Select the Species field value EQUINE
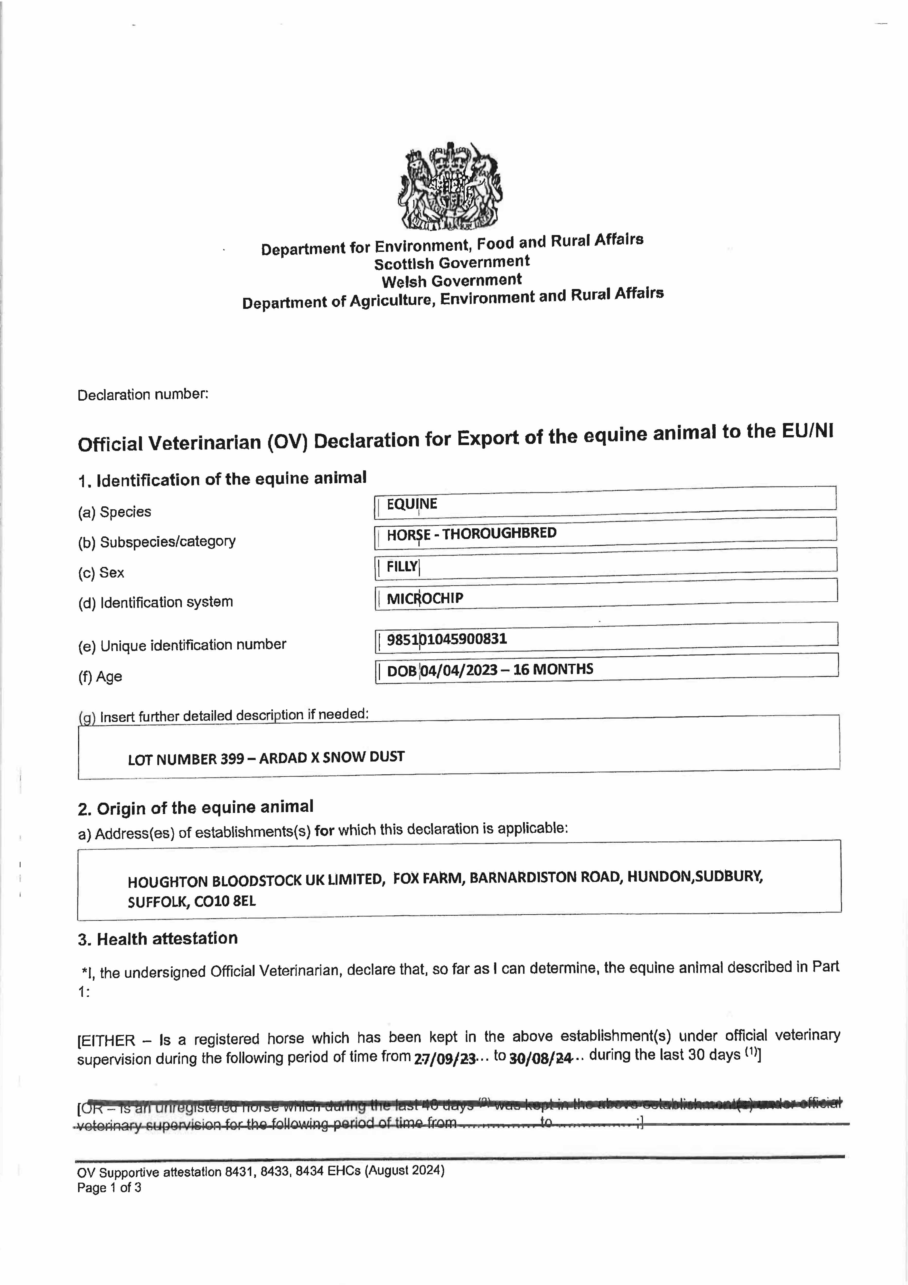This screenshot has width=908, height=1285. click(412, 504)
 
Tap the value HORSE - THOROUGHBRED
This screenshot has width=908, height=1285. click(472, 533)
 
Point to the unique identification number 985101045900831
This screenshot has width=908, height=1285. click(446, 639)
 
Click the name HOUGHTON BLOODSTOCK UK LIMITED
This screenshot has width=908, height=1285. click(256, 881)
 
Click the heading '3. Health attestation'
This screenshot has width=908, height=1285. click(158, 939)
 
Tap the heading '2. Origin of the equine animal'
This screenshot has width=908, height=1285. click(195, 807)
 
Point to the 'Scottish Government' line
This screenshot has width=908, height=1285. click(452, 262)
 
